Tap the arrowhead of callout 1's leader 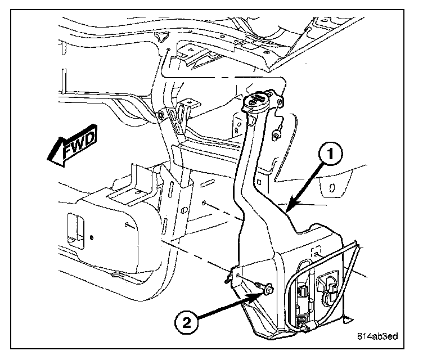point(288,209)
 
